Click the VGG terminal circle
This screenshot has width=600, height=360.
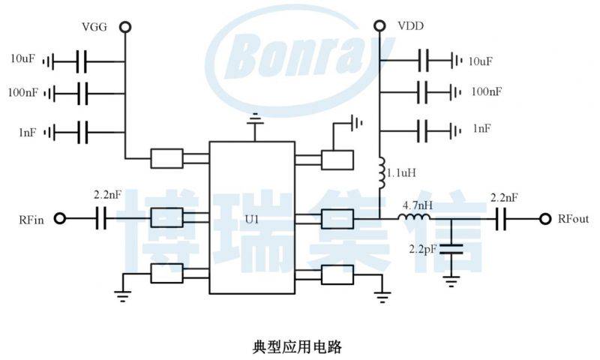[125, 27]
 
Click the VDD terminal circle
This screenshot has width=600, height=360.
[380, 27]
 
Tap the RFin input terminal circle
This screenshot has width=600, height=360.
[60, 218]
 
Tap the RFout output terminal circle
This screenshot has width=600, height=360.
[545, 218]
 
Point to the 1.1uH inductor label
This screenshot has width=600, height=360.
[401, 172]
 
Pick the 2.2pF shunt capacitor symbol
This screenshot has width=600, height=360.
[451, 248]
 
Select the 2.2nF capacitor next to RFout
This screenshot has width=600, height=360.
[501, 218]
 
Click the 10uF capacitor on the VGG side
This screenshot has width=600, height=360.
[82, 60]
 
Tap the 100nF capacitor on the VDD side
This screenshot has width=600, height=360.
[425, 92]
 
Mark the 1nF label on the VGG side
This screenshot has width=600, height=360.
[27, 132]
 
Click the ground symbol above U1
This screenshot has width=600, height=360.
[256, 120]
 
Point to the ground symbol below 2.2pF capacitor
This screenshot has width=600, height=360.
[451, 280]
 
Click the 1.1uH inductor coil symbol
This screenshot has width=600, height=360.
[381, 172]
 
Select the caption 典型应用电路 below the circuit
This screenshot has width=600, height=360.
[298, 346]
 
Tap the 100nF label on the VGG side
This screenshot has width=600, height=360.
[22, 93]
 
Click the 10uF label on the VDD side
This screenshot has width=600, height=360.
[480, 61]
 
